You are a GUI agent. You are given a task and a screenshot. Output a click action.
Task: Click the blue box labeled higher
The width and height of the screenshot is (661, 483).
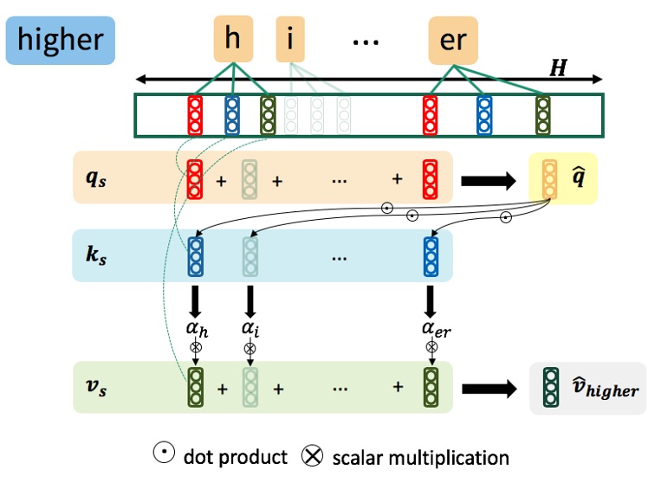coord(60,40)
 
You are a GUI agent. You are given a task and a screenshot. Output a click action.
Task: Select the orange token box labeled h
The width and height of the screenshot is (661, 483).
coord(232,40)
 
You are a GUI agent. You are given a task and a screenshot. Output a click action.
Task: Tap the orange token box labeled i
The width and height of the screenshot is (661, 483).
coord(290,41)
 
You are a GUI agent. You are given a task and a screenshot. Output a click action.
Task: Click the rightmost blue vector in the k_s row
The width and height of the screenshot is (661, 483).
coord(431,256)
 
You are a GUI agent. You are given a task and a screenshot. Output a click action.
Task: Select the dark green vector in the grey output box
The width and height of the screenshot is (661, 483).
coord(550,388)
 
